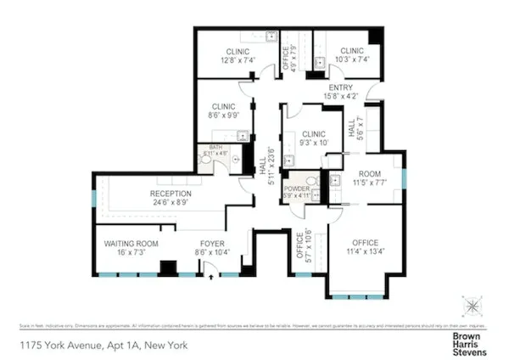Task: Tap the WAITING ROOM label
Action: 131,243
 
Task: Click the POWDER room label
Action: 298,188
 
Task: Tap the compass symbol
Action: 471,304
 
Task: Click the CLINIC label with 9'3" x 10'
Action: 313,134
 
